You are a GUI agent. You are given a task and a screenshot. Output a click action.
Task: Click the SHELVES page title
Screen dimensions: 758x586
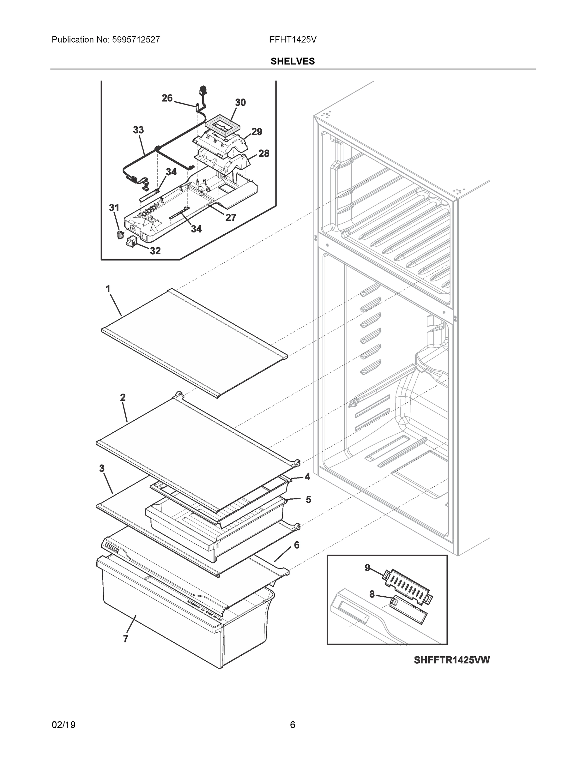293,62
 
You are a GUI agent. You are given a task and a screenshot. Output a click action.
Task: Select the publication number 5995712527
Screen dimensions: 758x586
136,39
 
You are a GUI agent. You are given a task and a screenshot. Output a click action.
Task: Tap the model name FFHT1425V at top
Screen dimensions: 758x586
293,39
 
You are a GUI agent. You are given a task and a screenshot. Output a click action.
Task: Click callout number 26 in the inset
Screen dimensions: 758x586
167,98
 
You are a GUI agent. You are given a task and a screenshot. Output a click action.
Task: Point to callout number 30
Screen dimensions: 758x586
240,102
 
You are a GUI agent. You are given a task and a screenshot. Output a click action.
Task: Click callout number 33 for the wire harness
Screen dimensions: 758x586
138,130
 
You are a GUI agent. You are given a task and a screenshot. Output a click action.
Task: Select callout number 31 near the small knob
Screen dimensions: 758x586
114,208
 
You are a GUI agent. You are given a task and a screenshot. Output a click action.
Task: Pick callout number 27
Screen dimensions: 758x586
231,218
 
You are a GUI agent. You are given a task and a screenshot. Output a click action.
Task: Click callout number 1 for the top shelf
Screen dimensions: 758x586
108,289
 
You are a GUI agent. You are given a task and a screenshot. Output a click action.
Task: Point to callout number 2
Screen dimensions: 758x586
123,397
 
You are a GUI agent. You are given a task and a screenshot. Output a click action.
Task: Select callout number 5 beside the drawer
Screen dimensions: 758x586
308,499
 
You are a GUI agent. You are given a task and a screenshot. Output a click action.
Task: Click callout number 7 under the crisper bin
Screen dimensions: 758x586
125,639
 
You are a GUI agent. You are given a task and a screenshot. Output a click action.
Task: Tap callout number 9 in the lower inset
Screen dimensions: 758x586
367,568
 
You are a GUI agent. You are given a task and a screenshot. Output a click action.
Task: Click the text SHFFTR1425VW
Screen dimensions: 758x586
451,660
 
